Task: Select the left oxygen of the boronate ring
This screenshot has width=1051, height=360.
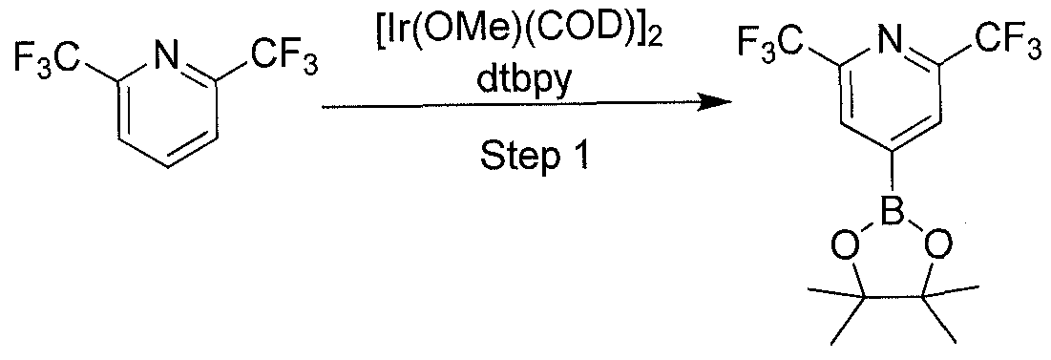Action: (x=839, y=250)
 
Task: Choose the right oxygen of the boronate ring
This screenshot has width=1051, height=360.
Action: (x=937, y=250)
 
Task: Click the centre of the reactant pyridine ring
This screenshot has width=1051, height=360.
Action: (x=168, y=116)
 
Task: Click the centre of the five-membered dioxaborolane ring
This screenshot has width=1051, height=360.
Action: (x=889, y=272)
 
